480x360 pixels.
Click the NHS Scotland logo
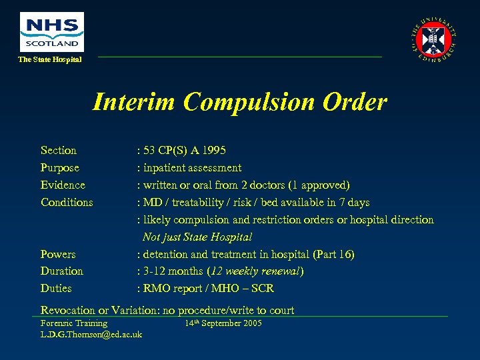(52, 32)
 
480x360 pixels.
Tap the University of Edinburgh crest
(434, 39)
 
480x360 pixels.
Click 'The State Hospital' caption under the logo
(50, 60)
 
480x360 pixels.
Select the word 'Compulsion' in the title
(253, 102)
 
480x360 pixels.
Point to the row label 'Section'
(59, 151)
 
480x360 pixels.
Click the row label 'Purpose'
(60, 168)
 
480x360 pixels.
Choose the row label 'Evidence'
(63, 185)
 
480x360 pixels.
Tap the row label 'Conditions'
(67, 203)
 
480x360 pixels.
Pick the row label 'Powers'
(58, 255)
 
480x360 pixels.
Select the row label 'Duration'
(62, 271)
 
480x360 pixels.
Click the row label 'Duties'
(56, 289)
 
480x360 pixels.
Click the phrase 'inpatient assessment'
(192, 168)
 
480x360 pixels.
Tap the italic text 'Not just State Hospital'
(197, 237)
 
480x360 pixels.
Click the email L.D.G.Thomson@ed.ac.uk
(91, 334)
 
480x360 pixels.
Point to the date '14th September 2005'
(223, 323)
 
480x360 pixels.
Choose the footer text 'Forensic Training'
(74, 323)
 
